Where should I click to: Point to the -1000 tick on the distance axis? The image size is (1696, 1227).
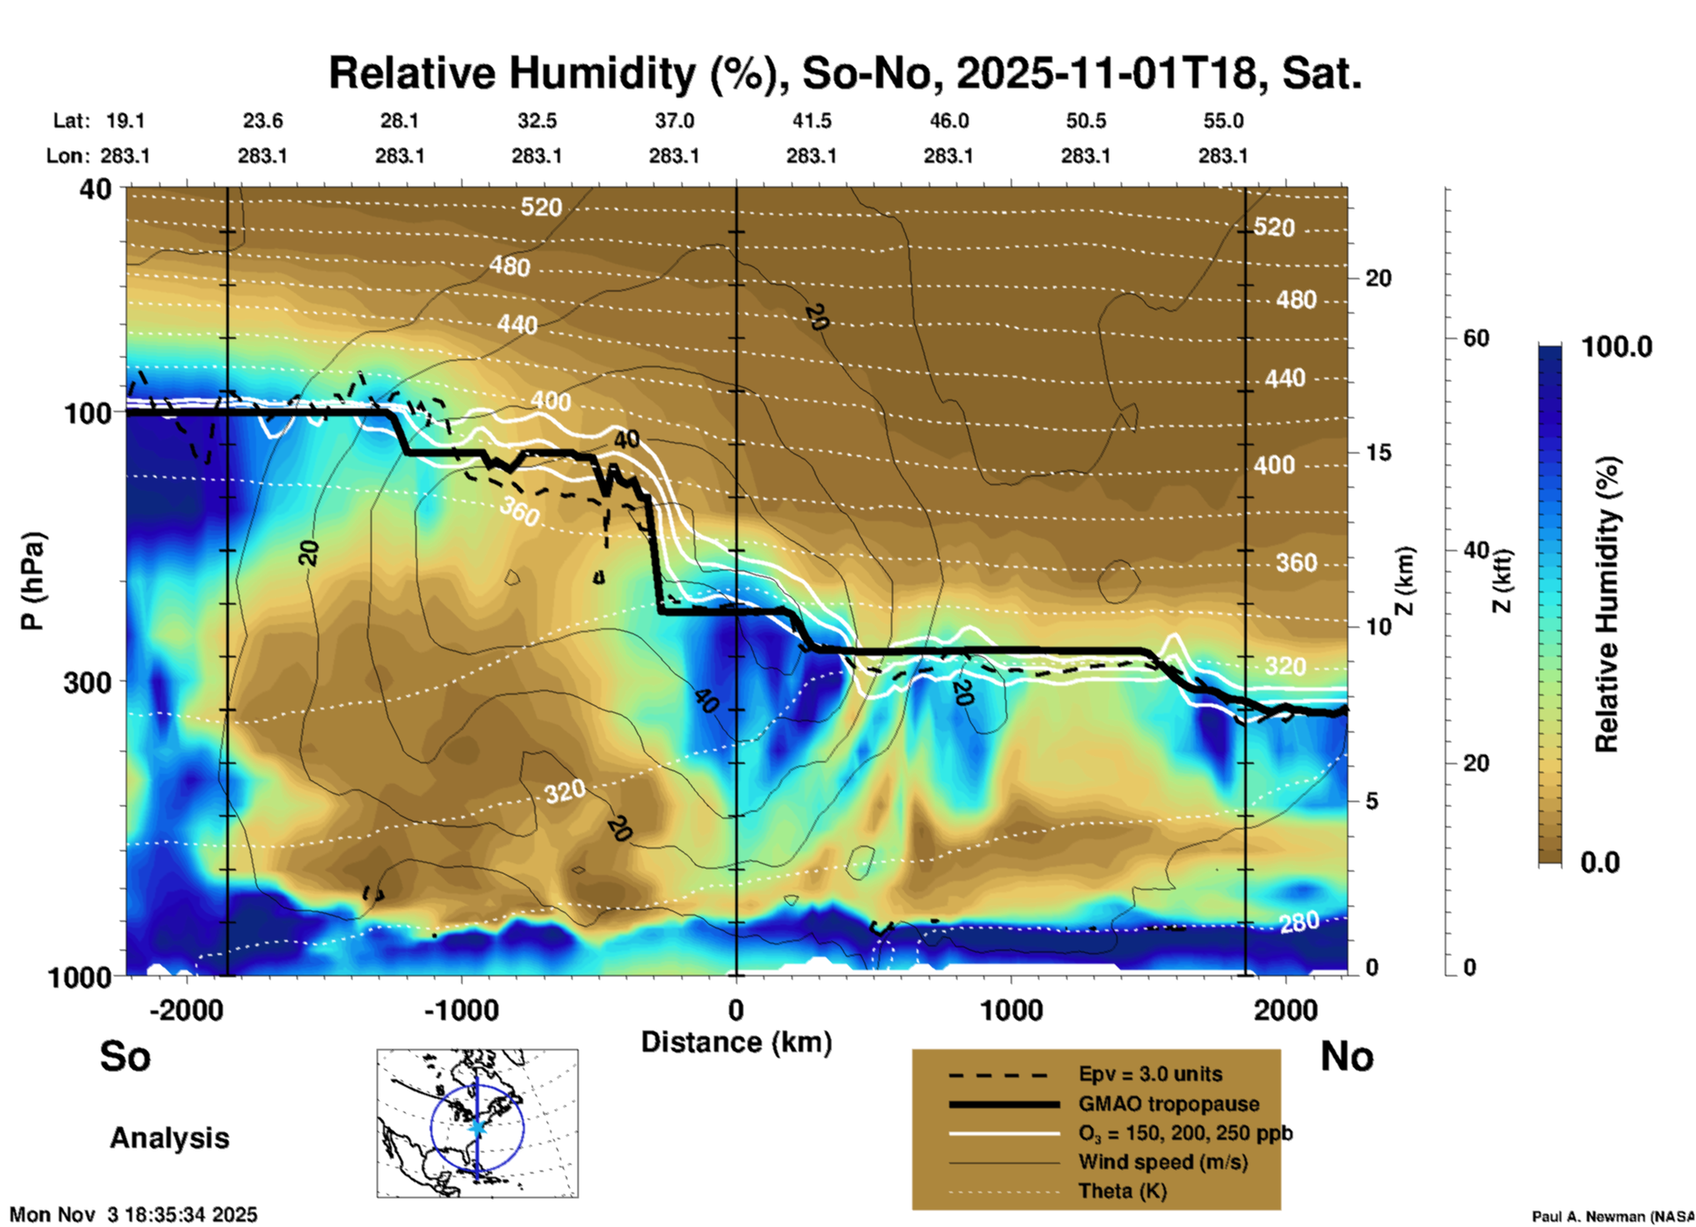(x=461, y=1010)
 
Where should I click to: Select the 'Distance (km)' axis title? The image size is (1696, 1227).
(x=736, y=1042)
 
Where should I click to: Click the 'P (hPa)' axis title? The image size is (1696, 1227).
(x=33, y=581)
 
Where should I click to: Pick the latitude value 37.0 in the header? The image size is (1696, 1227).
(x=675, y=121)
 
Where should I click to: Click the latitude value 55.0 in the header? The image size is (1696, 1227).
(x=1223, y=121)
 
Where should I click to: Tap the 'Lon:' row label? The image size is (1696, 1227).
(x=68, y=156)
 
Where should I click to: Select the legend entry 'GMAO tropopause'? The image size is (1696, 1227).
(x=1169, y=1104)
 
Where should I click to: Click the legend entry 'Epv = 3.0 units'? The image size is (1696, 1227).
(x=1150, y=1075)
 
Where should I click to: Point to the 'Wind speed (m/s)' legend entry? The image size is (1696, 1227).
(x=1162, y=1162)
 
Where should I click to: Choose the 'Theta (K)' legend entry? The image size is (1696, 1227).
(x=1122, y=1191)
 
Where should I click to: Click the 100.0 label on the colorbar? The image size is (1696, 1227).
(x=1617, y=347)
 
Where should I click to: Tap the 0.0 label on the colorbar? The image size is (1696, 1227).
(x=1600, y=863)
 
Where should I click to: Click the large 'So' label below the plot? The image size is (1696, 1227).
(x=125, y=1056)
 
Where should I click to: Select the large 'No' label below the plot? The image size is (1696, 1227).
(x=1346, y=1056)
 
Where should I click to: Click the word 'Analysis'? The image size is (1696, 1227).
(x=169, y=1138)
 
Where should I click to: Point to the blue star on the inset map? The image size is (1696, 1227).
(x=477, y=1127)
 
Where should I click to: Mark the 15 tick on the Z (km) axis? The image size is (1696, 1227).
(x=1378, y=452)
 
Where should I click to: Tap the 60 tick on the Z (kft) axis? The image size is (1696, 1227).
(x=1476, y=338)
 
